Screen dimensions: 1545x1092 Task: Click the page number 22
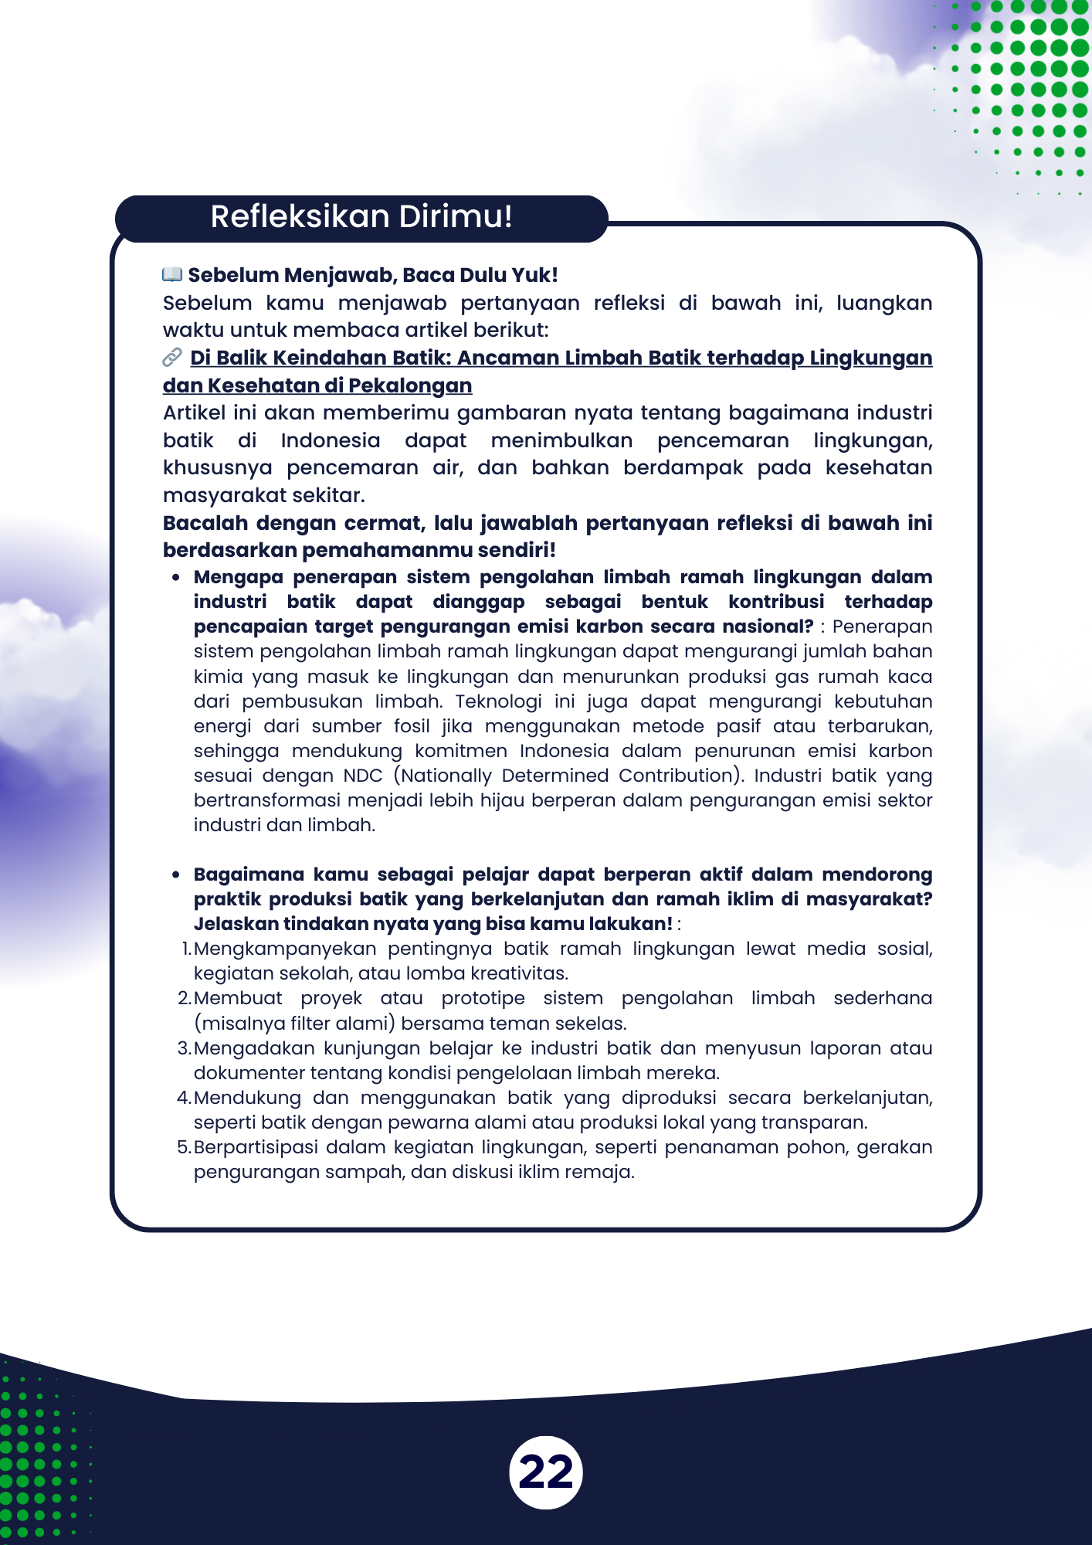(546, 1472)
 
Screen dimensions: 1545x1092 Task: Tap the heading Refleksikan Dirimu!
(361, 217)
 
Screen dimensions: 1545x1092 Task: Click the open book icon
(172, 274)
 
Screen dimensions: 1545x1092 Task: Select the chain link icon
(172, 357)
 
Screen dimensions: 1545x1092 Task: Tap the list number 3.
(184, 1048)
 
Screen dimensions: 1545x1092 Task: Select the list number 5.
(184, 1147)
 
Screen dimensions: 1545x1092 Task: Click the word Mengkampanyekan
(285, 949)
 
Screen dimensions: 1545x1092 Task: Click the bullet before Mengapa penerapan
(177, 578)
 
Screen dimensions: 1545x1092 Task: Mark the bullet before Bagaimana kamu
(177, 875)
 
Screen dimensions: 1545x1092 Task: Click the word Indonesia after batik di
(331, 440)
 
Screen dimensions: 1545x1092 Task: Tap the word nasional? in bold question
(768, 626)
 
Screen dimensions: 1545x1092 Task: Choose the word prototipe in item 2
(483, 998)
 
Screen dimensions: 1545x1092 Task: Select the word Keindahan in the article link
(325, 358)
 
